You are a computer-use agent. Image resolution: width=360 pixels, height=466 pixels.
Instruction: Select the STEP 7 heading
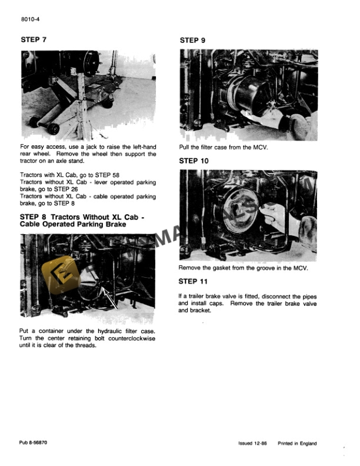34,40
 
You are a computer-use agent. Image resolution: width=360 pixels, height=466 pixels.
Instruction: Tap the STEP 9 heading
193,40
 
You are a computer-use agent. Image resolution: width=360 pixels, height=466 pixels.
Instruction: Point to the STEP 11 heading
195,281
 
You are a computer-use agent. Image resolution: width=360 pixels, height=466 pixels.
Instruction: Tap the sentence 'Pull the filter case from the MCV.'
223,147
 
